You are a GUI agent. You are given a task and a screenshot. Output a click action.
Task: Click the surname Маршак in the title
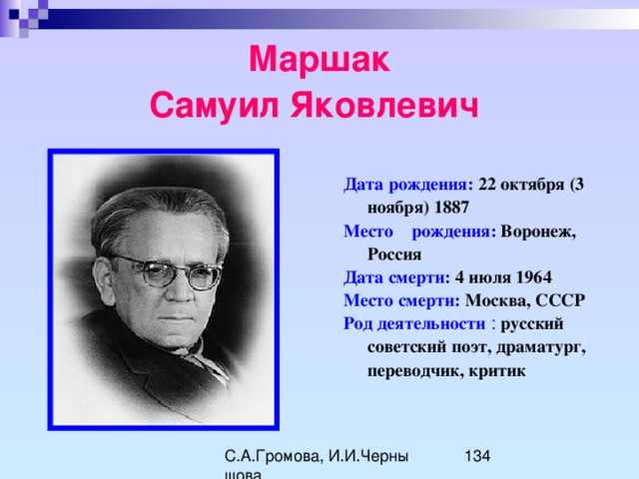tap(319, 60)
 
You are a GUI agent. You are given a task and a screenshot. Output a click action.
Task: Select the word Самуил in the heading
tap(215, 105)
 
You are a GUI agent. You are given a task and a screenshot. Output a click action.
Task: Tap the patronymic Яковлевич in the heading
tap(384, 105)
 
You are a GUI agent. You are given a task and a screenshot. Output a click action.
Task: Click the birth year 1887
tap(451, 208)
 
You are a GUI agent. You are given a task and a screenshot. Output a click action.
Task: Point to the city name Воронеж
tap(538, 232)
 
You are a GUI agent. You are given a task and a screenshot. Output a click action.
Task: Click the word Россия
tap(394, 254)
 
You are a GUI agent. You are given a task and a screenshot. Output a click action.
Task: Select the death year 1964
tap(533, 277)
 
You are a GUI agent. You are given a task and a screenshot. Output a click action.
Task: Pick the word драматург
tap(541, 348)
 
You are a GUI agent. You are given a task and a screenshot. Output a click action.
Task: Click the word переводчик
tap(415, 371)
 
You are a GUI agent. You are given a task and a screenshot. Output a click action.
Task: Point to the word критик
tap(497, 371)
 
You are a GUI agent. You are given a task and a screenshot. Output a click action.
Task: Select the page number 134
tap(477, 456)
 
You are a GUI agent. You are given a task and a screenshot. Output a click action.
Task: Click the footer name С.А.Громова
tap(274, 457)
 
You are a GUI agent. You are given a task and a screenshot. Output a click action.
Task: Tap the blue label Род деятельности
tap(414, 324)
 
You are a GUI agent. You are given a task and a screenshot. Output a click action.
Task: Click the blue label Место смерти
tap(401, 301)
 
